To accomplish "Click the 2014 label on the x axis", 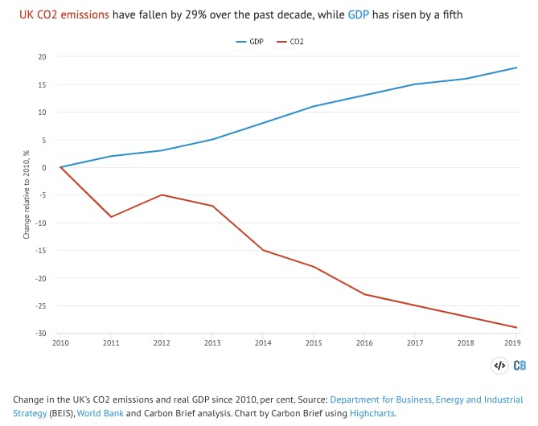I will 263,342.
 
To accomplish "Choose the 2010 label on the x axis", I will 60,342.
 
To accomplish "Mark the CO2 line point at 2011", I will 111,217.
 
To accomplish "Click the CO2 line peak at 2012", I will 162,195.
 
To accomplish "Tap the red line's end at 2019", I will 515,327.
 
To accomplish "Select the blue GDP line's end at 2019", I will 515,68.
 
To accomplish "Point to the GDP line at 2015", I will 314,106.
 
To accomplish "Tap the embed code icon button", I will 499,365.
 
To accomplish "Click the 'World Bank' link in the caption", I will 102,413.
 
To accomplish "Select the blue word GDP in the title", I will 359,15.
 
